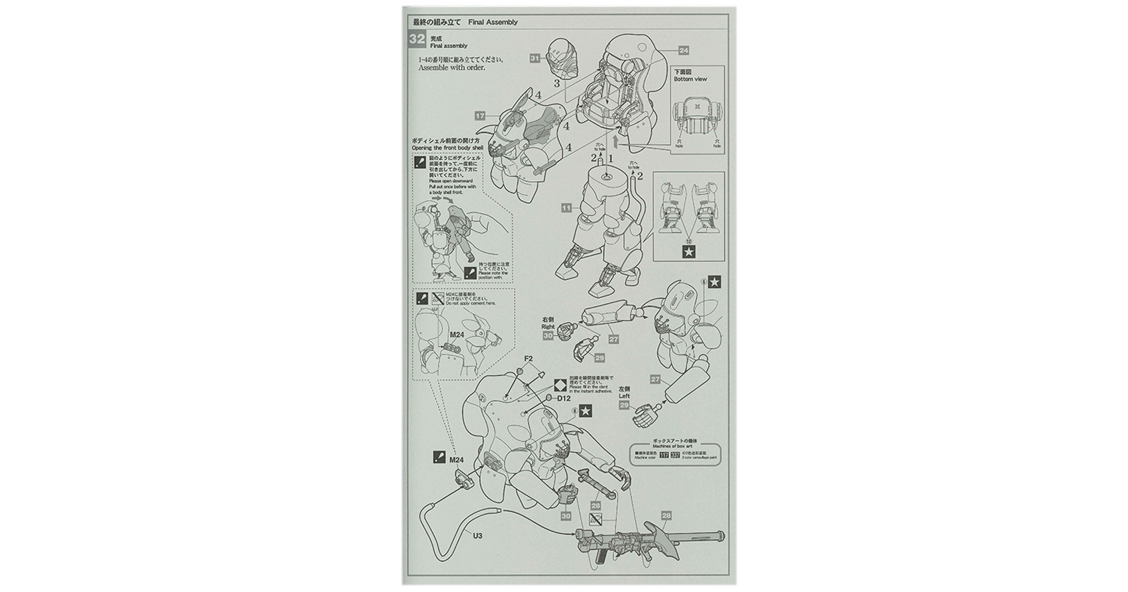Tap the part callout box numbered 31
(x=535, y=59)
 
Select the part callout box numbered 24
(x=683, y=50)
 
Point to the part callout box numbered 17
(x=480, y=116)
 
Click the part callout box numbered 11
(x=566, y=208)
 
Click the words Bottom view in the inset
(x=690, y=79)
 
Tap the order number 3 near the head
(x=557, y=84)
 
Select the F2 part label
(x=528, y=359)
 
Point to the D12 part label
(x=563, y=398)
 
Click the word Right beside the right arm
(x=548, y=326)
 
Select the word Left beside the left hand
(x=624, y=396)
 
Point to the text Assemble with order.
(x=451, y=68)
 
